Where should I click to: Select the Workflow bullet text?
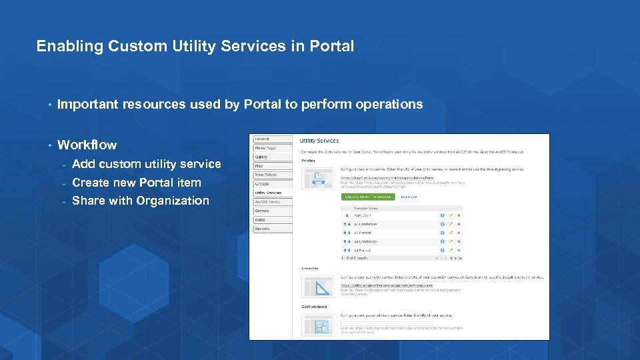(x=87, y=145)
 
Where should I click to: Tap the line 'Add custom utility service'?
(x=146, y=164)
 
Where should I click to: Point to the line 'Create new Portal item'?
(x=136, y=183)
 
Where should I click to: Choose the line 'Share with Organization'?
(x=140, y=201)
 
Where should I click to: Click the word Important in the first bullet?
(x=87, y=104)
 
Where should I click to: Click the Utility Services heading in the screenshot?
(x=319, y=141)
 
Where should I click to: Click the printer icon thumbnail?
(x=318, y=178)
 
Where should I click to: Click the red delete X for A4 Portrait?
(x=459, y=250)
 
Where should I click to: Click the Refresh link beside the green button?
(x=408, y=197)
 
